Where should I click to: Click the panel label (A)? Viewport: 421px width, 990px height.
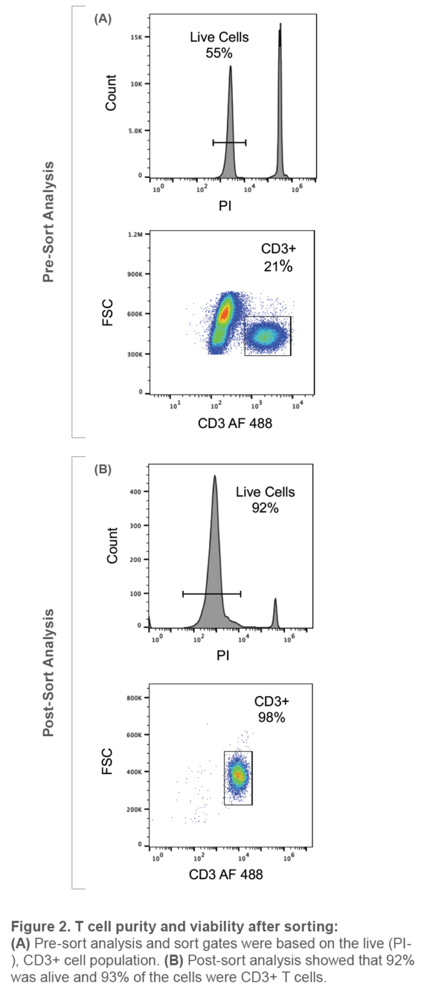point(103,19)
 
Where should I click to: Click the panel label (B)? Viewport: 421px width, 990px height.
point(103,469)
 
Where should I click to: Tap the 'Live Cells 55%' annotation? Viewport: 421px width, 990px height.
point(219,45)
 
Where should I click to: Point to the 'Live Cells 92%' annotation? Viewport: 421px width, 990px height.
point(265,500)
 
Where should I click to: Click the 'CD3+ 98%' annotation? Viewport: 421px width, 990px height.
point(269,710)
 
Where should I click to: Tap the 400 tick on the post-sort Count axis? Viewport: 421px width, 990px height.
point(135,492)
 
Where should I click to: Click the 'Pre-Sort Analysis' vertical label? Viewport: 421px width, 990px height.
point(48,222)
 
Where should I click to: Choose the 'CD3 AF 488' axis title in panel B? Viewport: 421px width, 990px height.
point(226,875)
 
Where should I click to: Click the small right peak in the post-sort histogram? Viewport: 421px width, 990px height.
point(275,612)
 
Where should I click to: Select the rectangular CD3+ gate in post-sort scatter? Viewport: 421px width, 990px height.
point(238,777)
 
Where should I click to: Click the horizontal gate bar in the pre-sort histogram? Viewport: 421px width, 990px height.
point(229,142)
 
